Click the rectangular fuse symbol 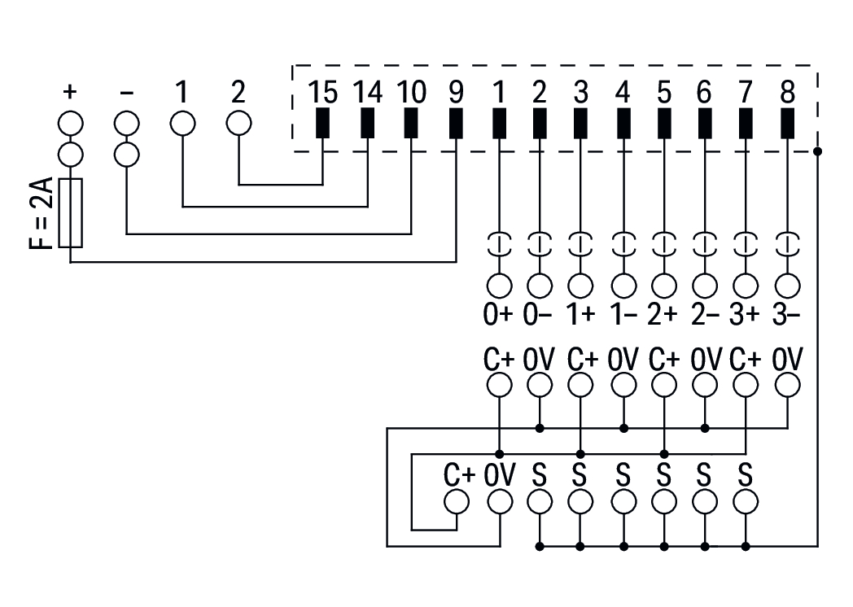point(71,213)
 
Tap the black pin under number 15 point(323,123)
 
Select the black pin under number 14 point(367,123)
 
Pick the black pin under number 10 point(411,123)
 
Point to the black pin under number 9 point(455,123)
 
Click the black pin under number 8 point(786,123)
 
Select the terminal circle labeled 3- point(786,286)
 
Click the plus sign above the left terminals point(71,92)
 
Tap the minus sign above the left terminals point(126,92)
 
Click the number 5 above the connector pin point(663,92)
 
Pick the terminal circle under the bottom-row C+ point(457,503)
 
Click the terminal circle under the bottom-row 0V point(498,503)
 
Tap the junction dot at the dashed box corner point(816,151)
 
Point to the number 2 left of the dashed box point(238,92)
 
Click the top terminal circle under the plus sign point(71,124)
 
